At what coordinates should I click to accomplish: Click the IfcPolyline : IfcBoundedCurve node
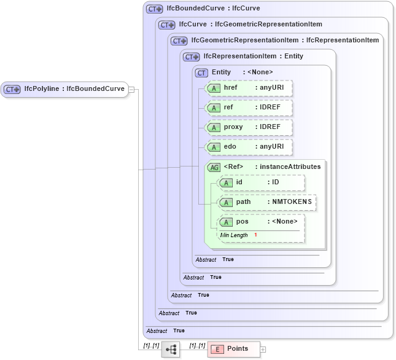coord(64,89)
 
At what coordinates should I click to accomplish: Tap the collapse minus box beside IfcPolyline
coord(131,89)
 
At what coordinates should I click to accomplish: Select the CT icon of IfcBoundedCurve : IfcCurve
coord(154,9)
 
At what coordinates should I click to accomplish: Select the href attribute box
coord(249,88)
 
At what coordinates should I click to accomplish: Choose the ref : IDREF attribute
coord(249,108)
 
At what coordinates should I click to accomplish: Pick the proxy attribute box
coord(249,127)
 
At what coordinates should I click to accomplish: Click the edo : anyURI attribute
coord(249,147)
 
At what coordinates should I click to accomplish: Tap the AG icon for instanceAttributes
coord(214,167)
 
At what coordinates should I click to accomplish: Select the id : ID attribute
coord(261,182)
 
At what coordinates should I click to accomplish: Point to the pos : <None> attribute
coord(261,222)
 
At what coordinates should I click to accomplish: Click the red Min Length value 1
coord(255,235)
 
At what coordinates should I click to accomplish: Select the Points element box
coord(233,349)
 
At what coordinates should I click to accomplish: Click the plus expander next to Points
coord(263,350)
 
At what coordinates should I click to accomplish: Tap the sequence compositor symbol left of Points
coord(171,350)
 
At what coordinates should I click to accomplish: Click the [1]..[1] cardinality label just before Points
coord(197,345)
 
